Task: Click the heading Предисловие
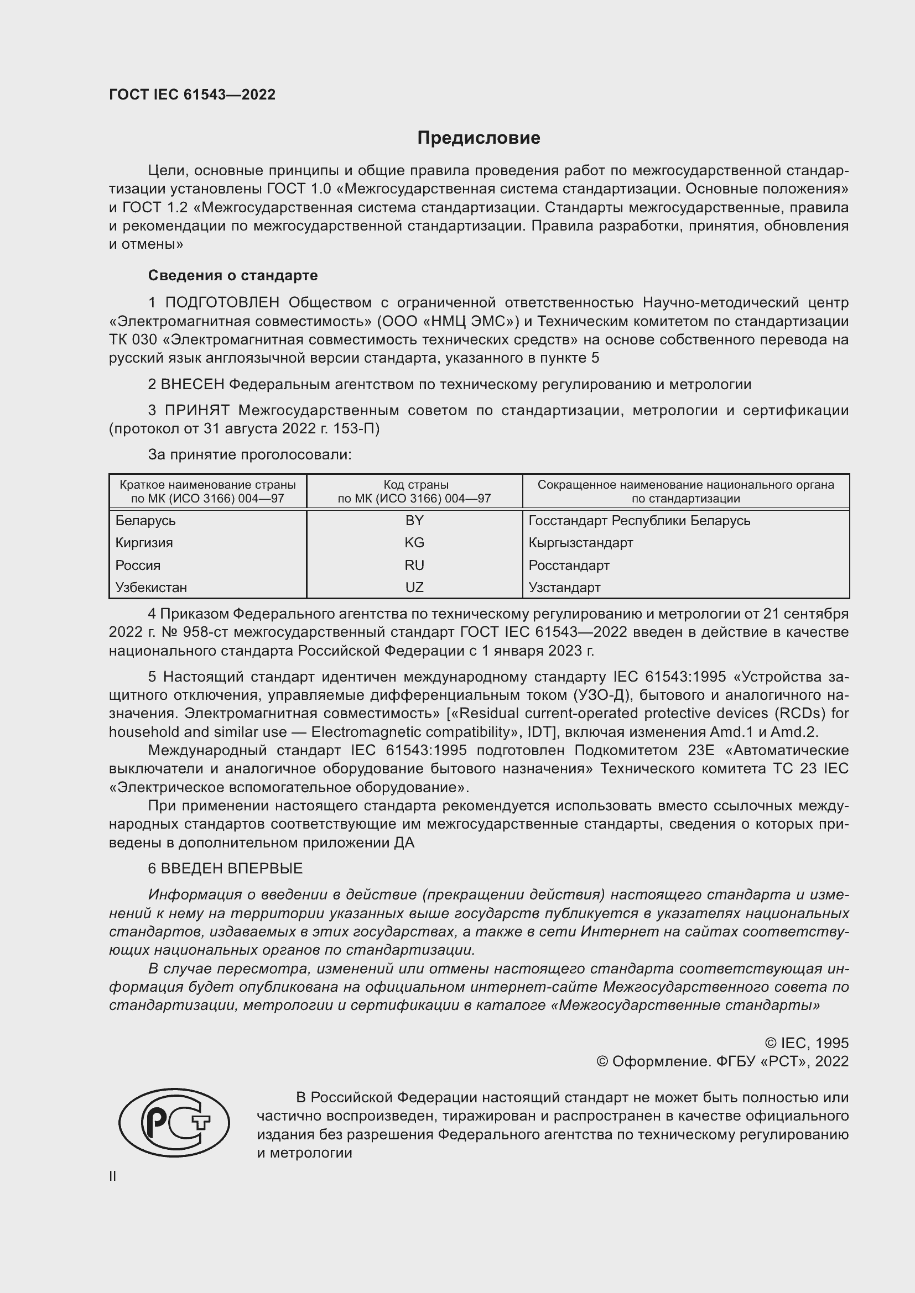(479, 138)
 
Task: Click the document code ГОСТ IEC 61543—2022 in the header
(192, 95)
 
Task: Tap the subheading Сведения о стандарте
(233, 275)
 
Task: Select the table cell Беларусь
(145, 521)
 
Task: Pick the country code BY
(414, 521)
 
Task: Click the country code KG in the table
(414, 543)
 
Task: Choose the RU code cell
(414, 566)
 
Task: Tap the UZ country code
(414, 588)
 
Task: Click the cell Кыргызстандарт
(581, 543)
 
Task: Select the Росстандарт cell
(569, 566)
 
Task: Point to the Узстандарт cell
(565, 588)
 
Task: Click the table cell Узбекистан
(151, 588)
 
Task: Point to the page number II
(113, 1176)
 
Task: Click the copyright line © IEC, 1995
(807, 1043)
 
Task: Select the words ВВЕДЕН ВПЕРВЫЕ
(232, 868)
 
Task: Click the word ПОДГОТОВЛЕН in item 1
(222, 303)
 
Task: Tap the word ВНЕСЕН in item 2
(193, 385)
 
